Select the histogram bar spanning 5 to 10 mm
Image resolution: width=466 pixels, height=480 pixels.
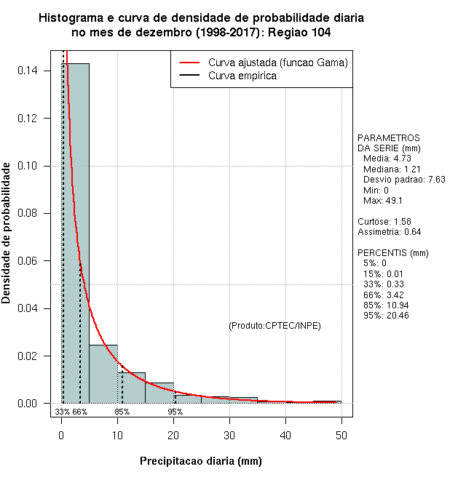click(103, 374)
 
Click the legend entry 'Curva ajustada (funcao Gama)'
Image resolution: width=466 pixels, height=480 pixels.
click(277, 63)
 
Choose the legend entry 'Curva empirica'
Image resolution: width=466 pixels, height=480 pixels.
click(242, 76)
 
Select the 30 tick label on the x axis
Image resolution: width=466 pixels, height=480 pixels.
click(229, 436)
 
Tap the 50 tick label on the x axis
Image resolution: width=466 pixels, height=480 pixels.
click(341, 436)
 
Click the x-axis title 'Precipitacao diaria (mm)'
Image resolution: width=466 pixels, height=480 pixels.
click(200, 461)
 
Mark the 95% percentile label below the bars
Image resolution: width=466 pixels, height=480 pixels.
click(175, 412)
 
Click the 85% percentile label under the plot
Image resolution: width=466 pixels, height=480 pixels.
click(122, 412)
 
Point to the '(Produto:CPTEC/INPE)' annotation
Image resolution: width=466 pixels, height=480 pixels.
click(275, 325)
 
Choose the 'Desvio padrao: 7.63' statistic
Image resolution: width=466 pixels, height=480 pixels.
click(403, 179)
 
